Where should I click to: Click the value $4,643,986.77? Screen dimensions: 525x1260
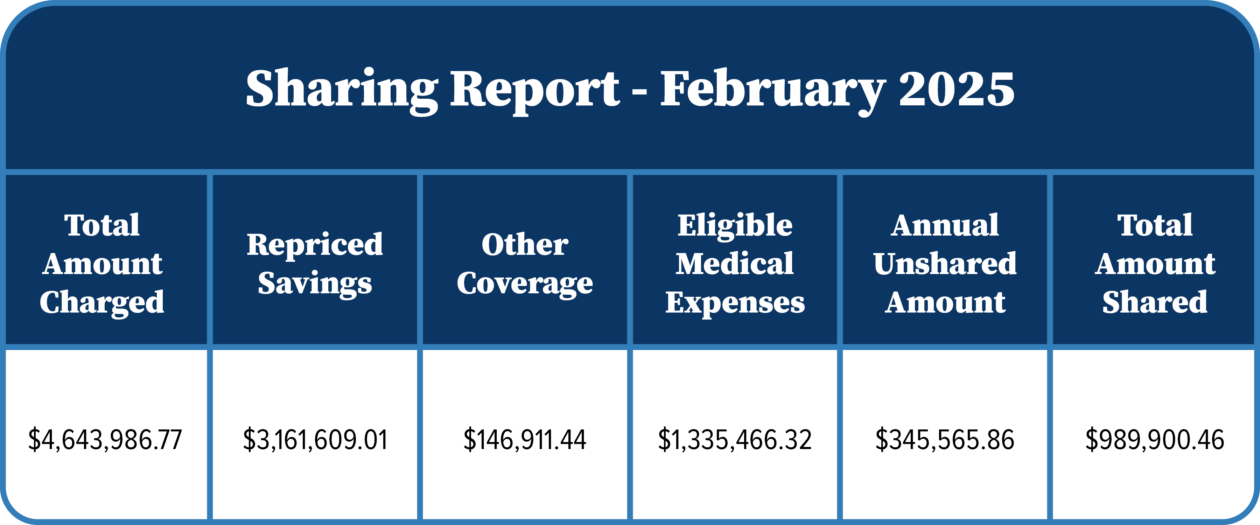(105, 439)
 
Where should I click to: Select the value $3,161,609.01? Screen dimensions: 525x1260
(315, 439)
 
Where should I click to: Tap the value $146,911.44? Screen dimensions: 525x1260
(525, 439)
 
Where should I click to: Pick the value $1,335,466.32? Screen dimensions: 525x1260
(735, 439)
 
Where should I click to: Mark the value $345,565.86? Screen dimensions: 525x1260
(945, 439)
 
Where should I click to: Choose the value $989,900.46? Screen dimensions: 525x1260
(1155, 439)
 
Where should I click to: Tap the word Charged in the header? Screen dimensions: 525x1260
(102, 302)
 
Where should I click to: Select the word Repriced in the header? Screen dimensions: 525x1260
(315, 244)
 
